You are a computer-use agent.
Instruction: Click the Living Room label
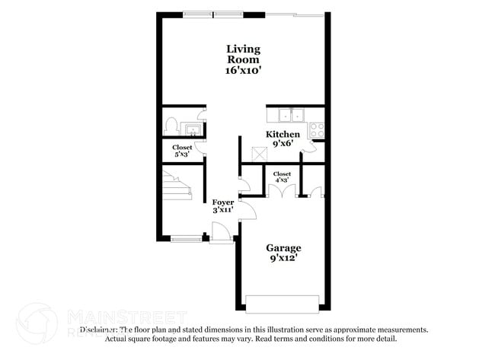coord(242,54)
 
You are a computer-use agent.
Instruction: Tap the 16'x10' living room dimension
coord(242,70)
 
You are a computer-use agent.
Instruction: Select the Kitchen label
coord(282,135)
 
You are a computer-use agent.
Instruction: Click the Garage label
coord(283,248)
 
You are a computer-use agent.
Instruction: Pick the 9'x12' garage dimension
coord(283,258)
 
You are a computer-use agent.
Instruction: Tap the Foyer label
coord(223,202)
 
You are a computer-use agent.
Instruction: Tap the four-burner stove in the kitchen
coord(318,129)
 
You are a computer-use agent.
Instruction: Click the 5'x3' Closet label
coord(182,151)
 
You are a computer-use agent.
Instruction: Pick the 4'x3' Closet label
coord(282,177)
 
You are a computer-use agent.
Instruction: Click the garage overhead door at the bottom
coord(283,304)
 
